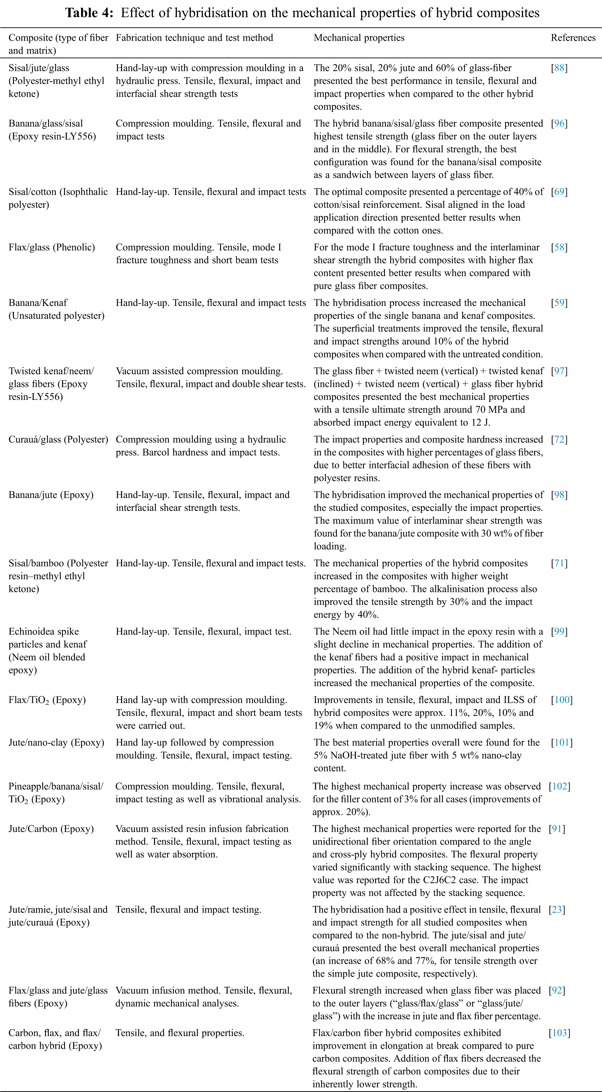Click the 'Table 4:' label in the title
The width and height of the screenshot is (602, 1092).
(x=89, y=13)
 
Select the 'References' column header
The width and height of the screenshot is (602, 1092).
(x=573, y=38)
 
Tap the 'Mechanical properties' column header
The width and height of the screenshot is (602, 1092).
(x=359, y=38)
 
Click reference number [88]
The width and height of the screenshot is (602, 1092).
(x=559, y=68)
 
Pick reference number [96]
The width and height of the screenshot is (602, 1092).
(x=559, y=123)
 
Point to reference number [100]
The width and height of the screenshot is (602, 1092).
(x=561, y=700)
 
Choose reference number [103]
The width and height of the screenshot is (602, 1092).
(x=559, y=1032)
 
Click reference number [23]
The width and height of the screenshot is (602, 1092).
(x=557, y=909)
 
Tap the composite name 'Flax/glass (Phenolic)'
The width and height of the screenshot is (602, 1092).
(x=52, y=247)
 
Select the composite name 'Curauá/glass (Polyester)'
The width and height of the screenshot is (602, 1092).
(x=58, y=439)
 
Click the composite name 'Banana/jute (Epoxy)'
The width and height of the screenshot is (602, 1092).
(x=51, y=495)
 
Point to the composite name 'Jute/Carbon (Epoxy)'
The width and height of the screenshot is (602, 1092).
(x=51, y=828)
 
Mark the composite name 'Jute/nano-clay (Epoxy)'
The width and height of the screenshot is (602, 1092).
(x=56, y=742)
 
